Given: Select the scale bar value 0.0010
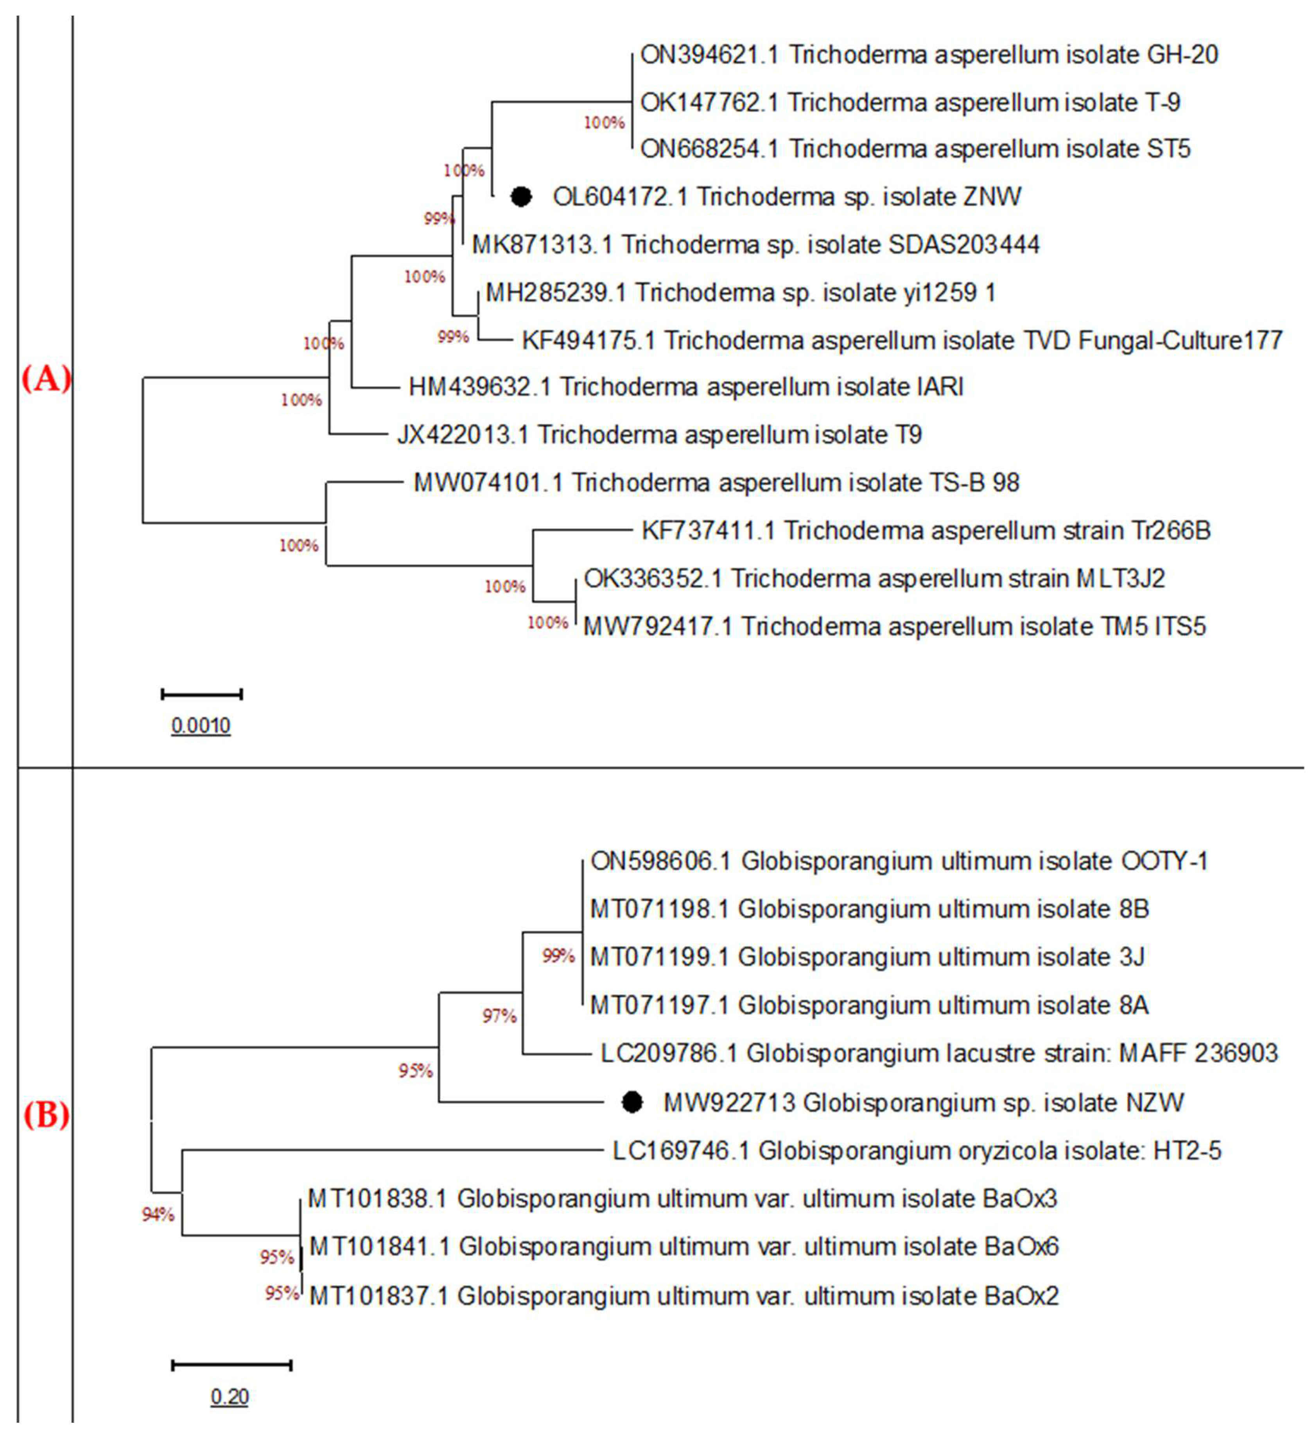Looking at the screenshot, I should pyautogui.click(x=201, y=726).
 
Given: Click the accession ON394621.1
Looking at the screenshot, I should pyautogui.click(x=710, y=55).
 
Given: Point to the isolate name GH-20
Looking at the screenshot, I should pyautogui.click(x=1182, y=55).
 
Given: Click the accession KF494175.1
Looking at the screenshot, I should pyautogui.click(x=589, y=340).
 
